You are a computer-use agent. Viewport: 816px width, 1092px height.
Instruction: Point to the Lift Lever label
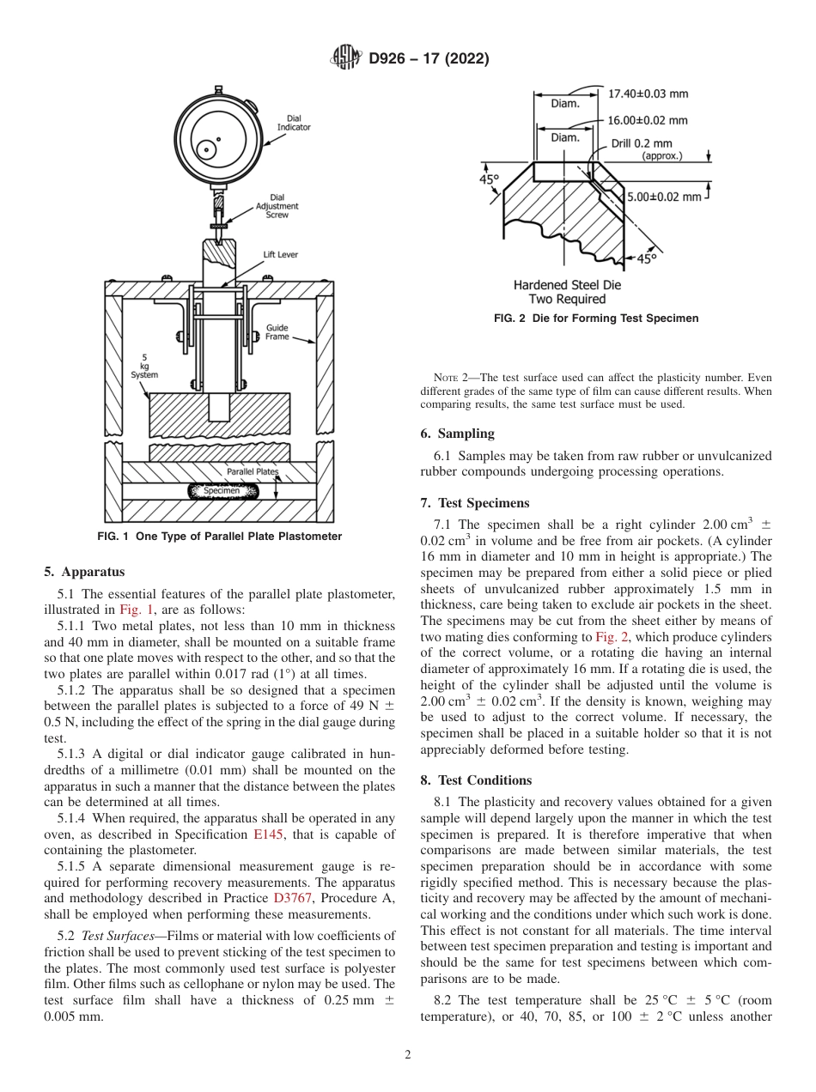281,255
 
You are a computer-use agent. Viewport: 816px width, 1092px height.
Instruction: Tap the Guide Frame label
277,332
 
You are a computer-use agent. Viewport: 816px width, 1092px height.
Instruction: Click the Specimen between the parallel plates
222,490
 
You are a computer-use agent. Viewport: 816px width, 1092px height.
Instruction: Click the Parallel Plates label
252,471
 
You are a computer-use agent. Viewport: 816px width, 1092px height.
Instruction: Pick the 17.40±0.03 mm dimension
648,94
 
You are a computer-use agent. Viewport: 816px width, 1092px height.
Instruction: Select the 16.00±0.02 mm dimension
648,120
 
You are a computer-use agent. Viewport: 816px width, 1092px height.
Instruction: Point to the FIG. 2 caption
596,318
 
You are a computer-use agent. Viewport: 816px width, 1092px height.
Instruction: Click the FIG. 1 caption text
221,537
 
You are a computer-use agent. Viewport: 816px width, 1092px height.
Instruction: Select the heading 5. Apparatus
84,571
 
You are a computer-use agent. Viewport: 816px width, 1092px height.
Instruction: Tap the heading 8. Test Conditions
476,780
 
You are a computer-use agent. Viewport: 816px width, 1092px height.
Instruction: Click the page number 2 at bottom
407,1055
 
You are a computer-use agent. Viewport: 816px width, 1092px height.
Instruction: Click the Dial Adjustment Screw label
277,206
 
